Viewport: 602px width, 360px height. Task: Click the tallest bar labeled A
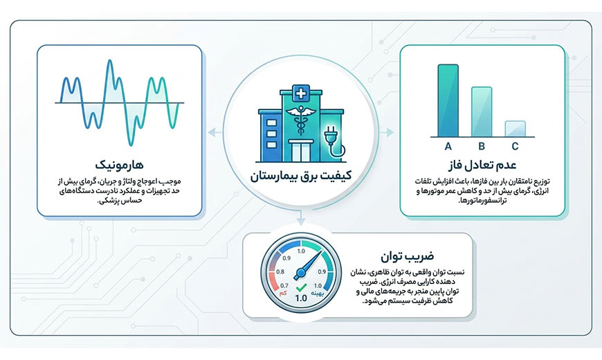coord(448,100)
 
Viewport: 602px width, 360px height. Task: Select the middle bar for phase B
coord(482,111)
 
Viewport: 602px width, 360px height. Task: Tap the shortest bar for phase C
coord(516,129)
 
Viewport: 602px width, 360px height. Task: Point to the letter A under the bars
coord(448,146)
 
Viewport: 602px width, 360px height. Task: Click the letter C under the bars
coord(516,146)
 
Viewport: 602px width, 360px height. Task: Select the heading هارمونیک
coord(120,165)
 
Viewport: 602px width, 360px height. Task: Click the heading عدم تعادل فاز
coord(482,165)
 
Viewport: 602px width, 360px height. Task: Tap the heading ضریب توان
coord(408,256)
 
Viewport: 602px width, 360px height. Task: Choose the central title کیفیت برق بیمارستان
coord(300,176)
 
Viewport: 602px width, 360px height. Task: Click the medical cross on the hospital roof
coord(301,93)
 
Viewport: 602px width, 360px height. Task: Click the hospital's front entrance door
coord(300,151)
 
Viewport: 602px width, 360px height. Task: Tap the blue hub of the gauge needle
coord(300,273)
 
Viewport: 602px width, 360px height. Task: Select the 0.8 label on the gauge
coord(280,272)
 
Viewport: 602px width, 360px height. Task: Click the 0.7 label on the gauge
coord(284,286)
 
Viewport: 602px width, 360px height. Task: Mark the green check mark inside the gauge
coord(301,287)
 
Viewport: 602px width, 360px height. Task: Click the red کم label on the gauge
coord(283,294)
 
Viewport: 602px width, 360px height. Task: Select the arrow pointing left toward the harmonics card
coord(215,133)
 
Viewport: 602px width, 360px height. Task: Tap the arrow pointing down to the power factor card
coord(301,218)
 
